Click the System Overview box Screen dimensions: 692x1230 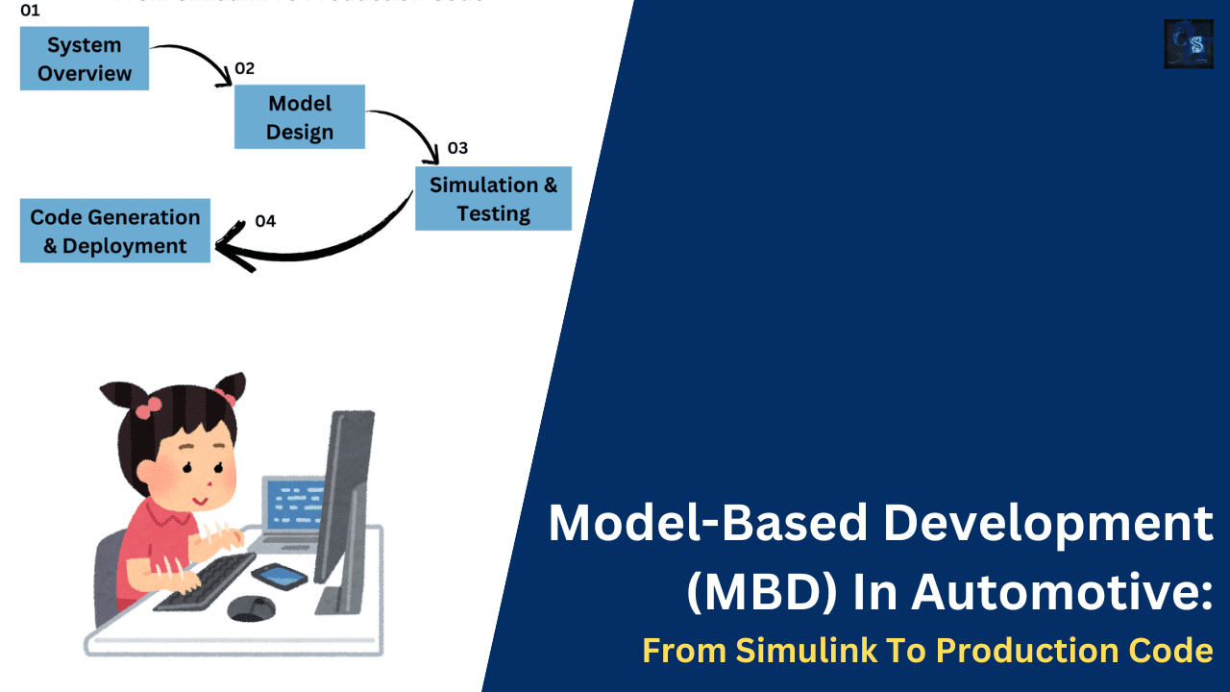pos(85,59)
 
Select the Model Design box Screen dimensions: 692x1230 pos(300,117)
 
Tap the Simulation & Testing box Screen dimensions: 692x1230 pos(493,199)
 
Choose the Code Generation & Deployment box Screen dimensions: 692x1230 pos(115,232)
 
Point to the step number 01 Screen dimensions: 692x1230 pos(31,12)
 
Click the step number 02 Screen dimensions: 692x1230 pos(245,68)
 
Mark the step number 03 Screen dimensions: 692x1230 pos(457,148)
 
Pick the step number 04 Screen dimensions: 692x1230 pos(265,221)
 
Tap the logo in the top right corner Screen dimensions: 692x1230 pos(1189,44)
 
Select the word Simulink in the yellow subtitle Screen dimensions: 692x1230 pos(785,652)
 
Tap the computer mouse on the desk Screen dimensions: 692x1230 pos(251,607)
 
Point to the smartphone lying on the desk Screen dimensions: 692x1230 pos(280,575)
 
